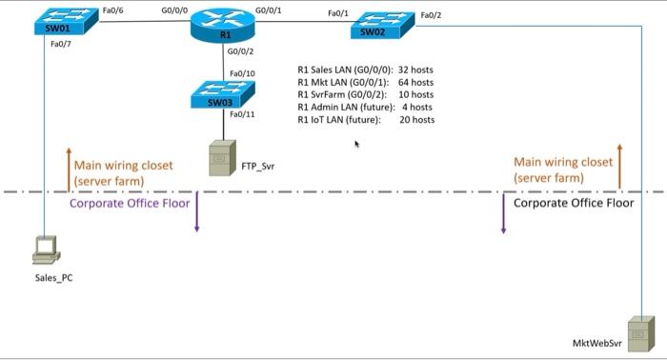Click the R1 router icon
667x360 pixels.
click(x=225, y=26)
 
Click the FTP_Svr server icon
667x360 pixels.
click(x=222, y=157)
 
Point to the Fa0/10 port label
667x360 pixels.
click(x=242, y=73)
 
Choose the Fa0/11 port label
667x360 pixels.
click(x=242, y=114)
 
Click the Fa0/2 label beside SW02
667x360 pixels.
click(x=431, y=15)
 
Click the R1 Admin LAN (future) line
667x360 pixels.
click(x=366, y=108)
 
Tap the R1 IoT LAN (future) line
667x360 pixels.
click(x=366, y=120)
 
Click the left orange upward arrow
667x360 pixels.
click(x=68, y=167)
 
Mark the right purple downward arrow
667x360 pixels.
click(x=503, y=214)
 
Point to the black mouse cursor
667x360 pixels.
click(x=357, y=145)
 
